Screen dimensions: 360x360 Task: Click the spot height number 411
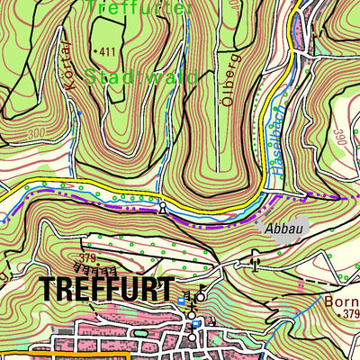[x=111, y=52]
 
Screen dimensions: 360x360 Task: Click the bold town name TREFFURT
[x=106, y=289]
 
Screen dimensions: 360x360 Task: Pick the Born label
[x=346, y=301]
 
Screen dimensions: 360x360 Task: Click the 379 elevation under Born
[x=349, y=313]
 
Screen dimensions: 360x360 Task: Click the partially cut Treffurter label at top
[x=153, y=6]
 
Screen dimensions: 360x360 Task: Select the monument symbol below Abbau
[x=256, y=265]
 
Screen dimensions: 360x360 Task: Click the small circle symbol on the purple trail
[x=162, y=209]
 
